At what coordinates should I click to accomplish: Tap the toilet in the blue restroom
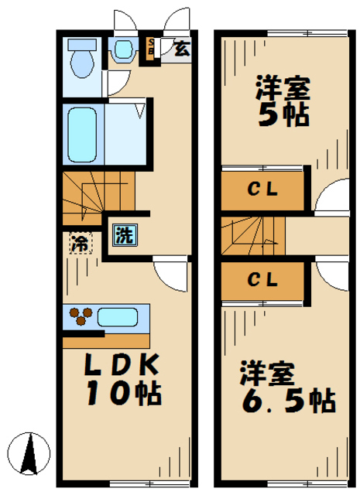[80, 55]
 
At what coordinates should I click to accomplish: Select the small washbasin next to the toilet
[122, 49]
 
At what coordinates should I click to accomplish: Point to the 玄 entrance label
[180, 49]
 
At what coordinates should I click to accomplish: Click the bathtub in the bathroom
[81, 133]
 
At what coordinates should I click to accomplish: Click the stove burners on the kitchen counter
[81, 316]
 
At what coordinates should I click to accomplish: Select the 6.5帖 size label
[286, 399]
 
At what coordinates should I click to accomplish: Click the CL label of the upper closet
[262, 189]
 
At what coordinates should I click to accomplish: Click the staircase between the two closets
[252, 235]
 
